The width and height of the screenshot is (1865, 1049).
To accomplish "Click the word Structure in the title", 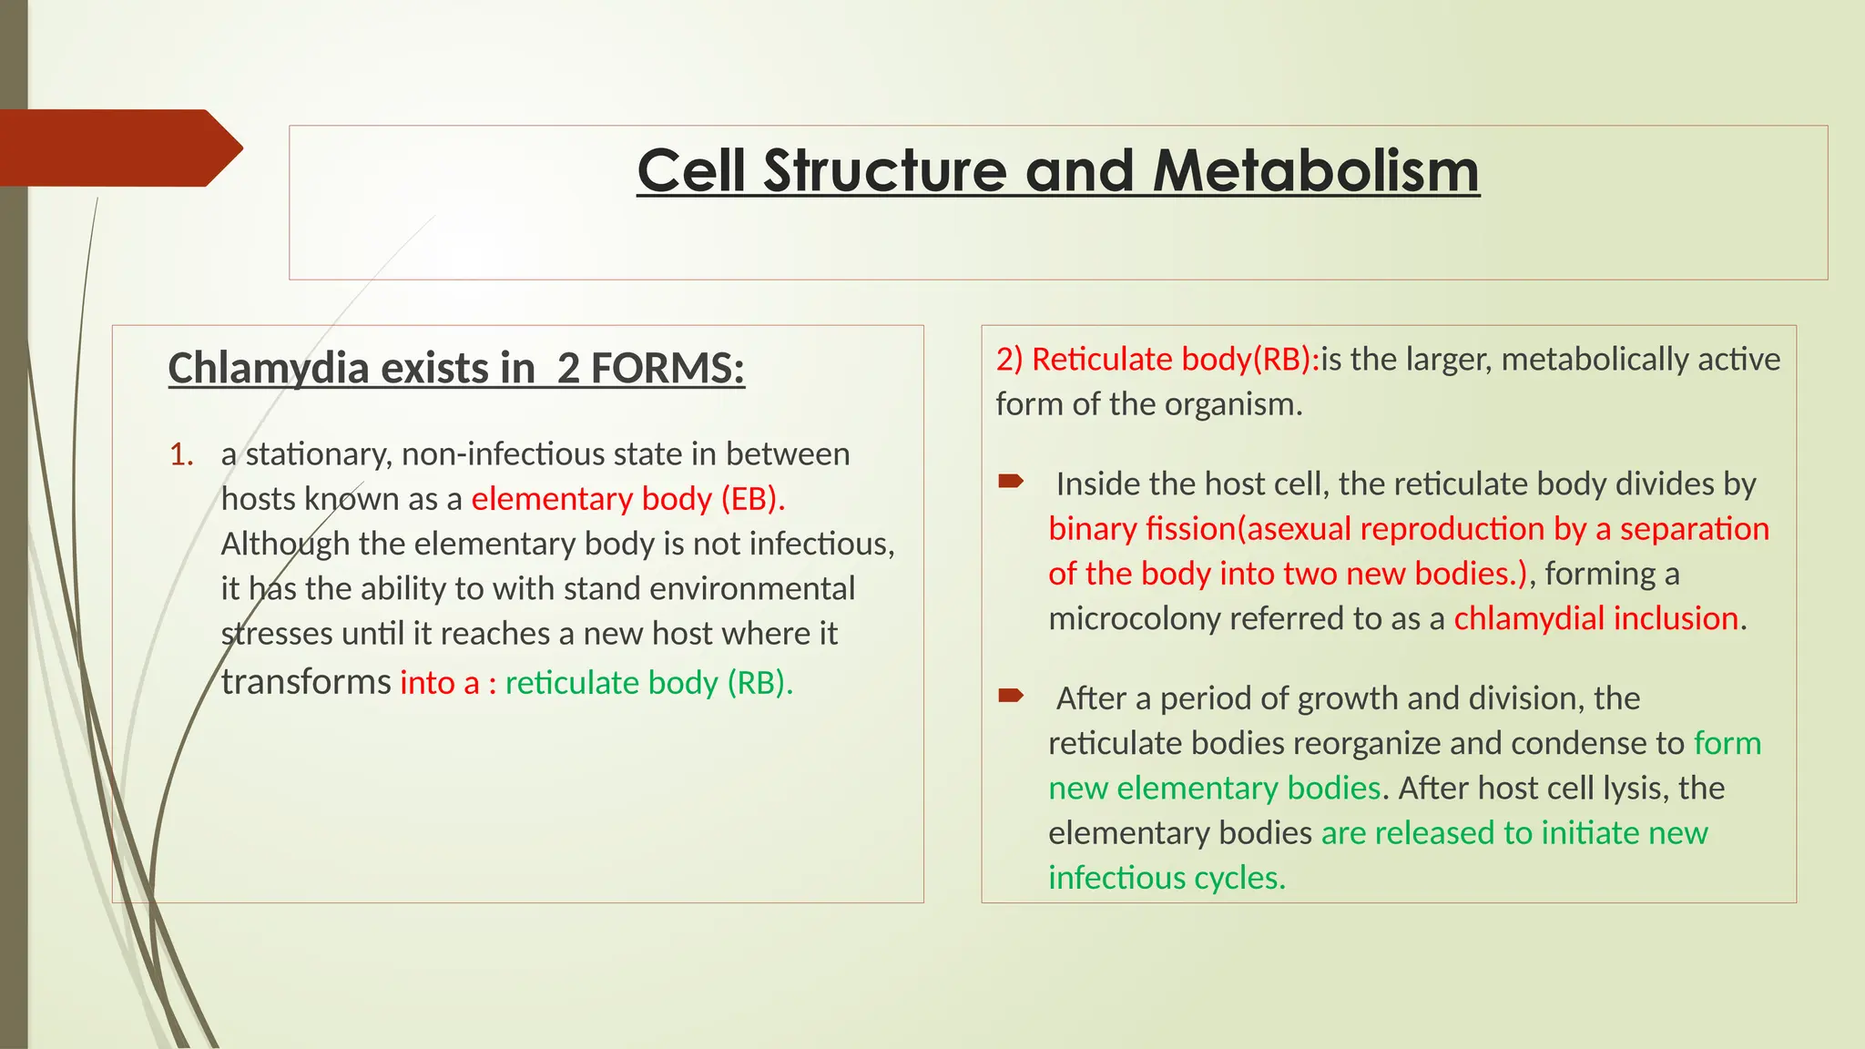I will (885, 171).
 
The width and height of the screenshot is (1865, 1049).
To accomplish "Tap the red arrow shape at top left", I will (118, 148).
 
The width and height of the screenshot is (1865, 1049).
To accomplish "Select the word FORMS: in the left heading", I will (668, 369).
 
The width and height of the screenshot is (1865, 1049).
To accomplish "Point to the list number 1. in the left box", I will (182, 454).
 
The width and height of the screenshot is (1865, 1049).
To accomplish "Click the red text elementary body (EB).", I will (627, 499).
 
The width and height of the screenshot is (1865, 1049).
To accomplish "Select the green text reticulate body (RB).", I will (648, 683).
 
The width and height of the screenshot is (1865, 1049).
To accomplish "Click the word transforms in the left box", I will (306, 683).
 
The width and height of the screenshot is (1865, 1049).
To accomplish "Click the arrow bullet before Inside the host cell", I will (1011, 481).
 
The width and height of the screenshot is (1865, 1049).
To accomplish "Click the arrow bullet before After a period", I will (1011, 697).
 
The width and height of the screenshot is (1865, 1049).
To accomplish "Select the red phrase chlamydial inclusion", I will (1595, 619).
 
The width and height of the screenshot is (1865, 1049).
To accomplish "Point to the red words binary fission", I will (1142, 529).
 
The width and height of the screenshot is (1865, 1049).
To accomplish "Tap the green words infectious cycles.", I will (1166, 879).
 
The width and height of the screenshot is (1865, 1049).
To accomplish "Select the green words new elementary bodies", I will (1214, 789).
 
